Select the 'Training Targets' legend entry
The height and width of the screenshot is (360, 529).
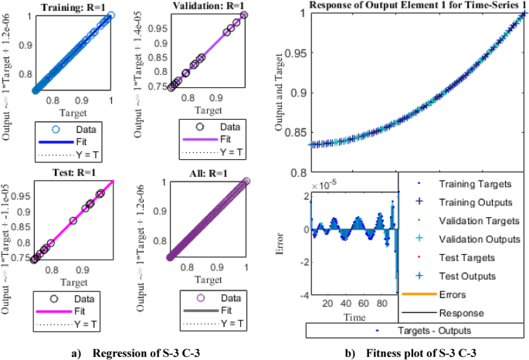point(476,185)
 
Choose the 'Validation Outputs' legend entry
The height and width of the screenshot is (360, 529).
point(477,239)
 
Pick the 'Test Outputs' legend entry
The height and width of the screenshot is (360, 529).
point(467,276)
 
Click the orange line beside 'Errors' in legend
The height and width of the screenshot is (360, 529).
point(419,294)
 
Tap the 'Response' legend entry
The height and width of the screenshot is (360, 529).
point(461,313)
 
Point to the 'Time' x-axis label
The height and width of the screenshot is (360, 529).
point(354,317)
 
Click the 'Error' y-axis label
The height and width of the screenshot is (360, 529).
point(293,244)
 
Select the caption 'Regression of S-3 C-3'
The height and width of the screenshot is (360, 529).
point(146,353)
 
